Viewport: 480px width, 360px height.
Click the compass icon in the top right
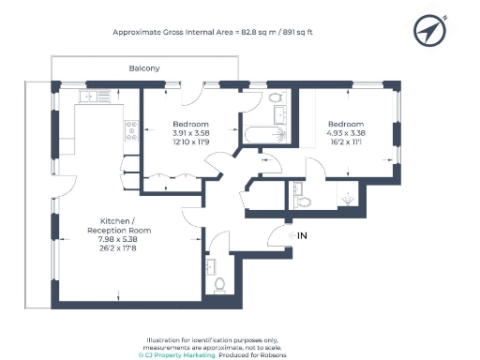[428, 32]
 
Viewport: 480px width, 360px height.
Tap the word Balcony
[143, 68]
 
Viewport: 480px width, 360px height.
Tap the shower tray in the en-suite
[347, 199]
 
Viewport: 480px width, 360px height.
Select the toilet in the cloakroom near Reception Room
[219, 284]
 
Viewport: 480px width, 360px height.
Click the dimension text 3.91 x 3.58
[190, 133]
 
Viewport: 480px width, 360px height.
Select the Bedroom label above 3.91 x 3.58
[190, 124]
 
